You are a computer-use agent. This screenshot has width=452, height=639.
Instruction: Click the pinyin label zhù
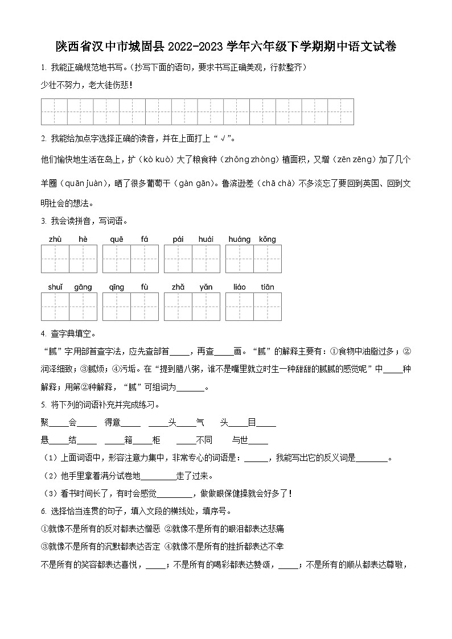pos(55,240)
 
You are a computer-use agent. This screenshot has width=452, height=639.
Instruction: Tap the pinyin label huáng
pos(239,240)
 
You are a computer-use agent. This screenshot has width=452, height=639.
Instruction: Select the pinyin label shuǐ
pos(55,287)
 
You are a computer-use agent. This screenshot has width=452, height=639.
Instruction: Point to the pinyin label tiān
pos(267,287)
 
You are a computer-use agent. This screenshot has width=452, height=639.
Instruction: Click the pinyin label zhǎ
pos(178,287)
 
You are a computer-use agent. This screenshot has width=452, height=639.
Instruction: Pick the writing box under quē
pos(117,259)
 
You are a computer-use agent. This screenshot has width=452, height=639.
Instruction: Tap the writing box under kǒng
pos(268,259)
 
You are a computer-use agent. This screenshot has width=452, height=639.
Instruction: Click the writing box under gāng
pos(83,307)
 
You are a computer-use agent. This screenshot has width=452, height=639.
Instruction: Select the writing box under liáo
pos(240,307)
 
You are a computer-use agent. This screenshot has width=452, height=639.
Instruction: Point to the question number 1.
pos(43,68)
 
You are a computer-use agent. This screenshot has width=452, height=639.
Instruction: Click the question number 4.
pos(43,333)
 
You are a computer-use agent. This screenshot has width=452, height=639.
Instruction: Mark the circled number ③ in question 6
pos(44,546)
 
